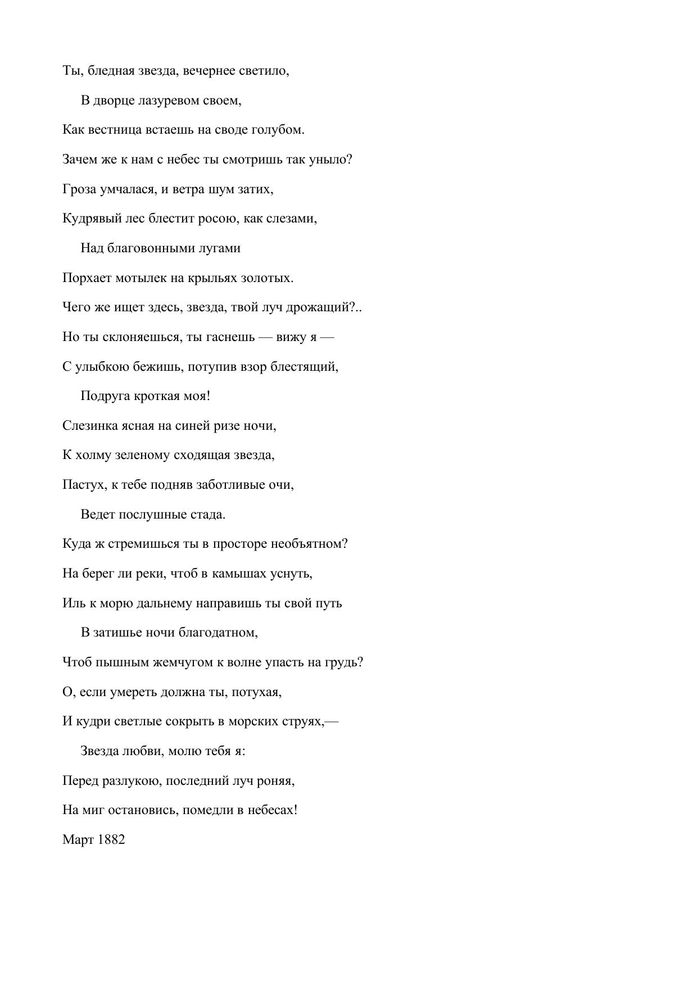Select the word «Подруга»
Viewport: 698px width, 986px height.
tap(105, 396)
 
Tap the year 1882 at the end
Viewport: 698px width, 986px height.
tap(111, 840)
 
